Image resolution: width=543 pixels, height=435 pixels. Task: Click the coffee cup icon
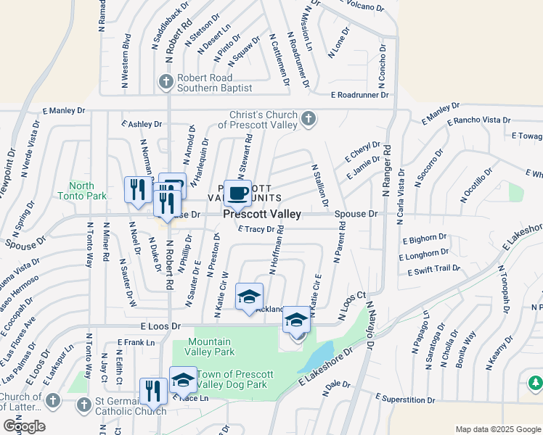[237, 193]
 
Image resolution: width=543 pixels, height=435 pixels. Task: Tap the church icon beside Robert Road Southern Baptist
[166, 81]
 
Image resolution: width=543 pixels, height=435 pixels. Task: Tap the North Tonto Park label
[87, 191]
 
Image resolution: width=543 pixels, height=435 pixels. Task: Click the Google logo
[25, 426]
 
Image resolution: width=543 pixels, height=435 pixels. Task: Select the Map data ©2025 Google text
[497, 429]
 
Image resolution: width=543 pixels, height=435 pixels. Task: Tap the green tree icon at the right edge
[536, 381]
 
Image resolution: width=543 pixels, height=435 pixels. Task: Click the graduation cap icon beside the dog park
[183, 380]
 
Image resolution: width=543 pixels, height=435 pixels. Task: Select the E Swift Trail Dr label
[433, 270]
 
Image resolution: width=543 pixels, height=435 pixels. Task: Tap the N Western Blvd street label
[127, 54]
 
